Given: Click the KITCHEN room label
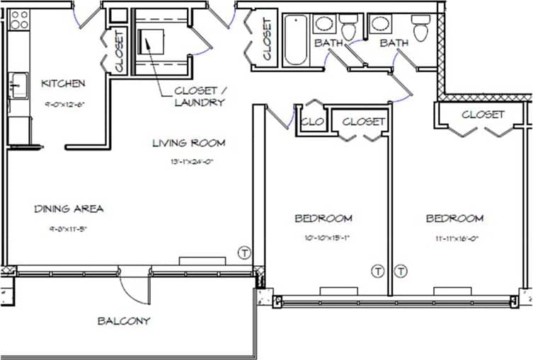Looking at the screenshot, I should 63,83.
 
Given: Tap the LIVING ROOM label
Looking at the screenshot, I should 188,143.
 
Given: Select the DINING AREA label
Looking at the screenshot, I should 69,209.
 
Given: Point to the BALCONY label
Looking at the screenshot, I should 124,320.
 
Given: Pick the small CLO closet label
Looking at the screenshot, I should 311,121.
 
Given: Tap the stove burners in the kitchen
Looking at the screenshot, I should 19,19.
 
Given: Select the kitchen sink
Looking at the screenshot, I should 18,86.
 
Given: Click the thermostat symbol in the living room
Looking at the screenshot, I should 244,252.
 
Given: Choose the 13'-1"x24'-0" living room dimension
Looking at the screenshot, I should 188,161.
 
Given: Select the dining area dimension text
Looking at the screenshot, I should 69,228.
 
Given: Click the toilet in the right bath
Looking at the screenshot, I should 421,30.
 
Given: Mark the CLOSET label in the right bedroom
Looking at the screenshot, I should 483,114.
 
